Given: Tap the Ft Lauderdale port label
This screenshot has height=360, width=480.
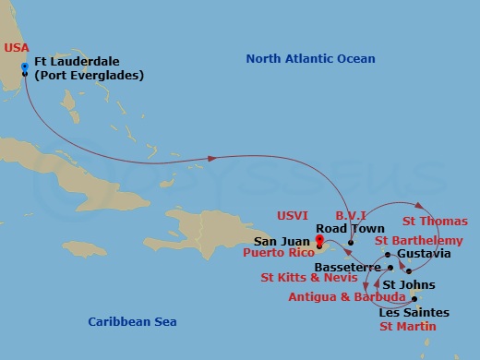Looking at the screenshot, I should click(x=89, y=69).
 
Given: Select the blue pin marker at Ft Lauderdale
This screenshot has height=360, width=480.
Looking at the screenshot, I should click(x=24, y=65).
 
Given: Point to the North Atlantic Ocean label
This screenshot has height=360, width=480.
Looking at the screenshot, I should click(x=310, y=59).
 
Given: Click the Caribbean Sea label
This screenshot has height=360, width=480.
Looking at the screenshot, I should click(x=132, y=321).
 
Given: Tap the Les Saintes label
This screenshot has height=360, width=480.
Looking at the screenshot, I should click(x=411, y=312).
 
